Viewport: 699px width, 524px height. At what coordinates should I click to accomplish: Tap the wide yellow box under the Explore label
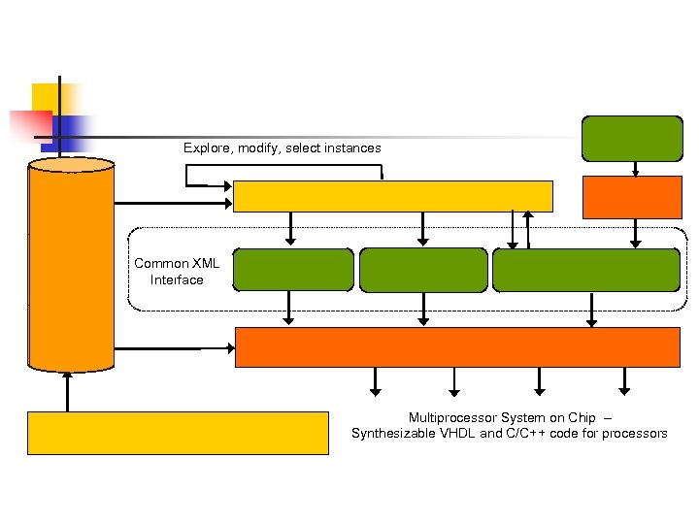[x=393, y=196]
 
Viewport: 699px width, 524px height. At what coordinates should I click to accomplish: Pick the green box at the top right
[x=631, y=138]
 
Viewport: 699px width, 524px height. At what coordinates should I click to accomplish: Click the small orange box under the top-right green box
[x=631, y=197]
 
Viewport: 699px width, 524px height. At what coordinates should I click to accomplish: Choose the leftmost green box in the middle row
[x=293, y=270]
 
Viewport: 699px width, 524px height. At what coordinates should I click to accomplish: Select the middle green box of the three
[x=423, y=270]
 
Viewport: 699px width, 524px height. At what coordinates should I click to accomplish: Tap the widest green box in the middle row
[x=586, y=270]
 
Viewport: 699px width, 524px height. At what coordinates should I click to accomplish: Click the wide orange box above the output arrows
[x=457, y=346]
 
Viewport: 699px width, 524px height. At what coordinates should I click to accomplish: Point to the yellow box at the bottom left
[x=178, y=433]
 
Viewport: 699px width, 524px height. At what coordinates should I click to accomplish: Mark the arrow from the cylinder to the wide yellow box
[x=174, y=204]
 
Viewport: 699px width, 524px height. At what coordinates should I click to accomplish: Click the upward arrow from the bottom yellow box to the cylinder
[x=67, y=391]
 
